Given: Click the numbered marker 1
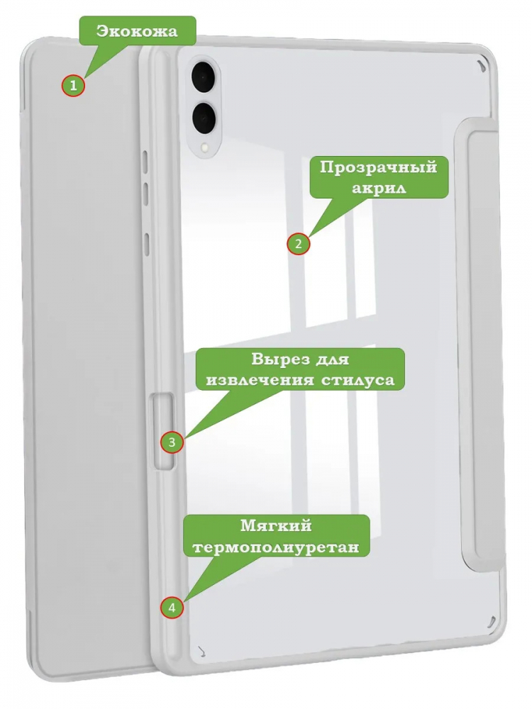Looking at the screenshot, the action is coord(73,85).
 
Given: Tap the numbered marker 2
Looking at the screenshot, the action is coord(298,244).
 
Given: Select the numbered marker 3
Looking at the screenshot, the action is coord(172,441).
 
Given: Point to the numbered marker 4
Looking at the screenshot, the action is coord(172,608).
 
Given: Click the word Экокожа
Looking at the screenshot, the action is coord(137,31).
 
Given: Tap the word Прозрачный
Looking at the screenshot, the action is coord(379,167).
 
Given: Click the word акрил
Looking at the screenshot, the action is coord(379,188).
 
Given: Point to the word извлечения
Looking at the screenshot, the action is coord(259,380).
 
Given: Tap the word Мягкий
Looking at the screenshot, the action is coord(276,526).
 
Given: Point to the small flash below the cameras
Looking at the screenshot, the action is coord(206,147).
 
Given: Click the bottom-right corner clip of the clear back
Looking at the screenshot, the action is coord(488,623).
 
